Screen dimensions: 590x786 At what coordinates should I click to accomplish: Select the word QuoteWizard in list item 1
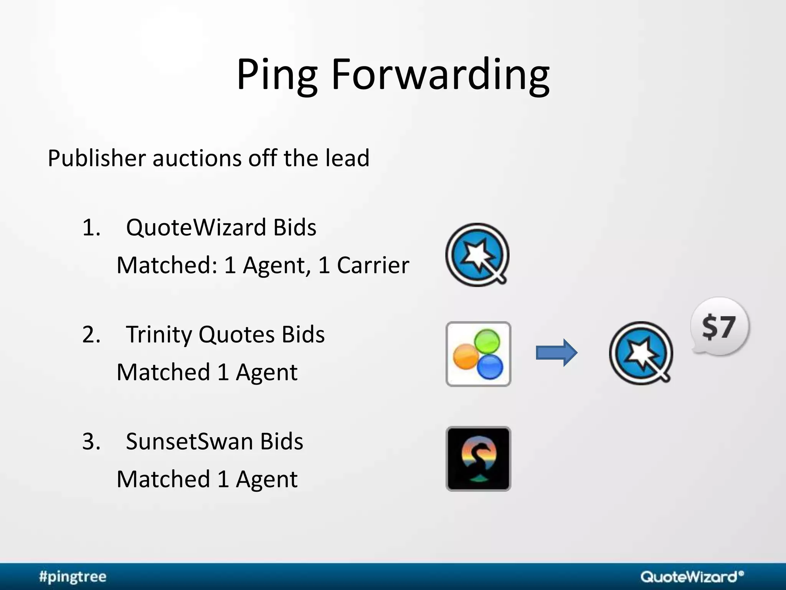pyautogui.click(x=196, y=227)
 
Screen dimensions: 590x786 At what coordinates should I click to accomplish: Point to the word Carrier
pyautogui.click(x=373, y=265)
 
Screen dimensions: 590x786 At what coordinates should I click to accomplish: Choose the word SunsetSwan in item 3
pyautogui.click(x=189, y=441)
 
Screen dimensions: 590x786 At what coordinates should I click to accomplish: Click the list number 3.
pyautogui.click(x=91, y=441)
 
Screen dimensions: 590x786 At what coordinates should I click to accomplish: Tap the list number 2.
pyautogui.click(x=91, y=334)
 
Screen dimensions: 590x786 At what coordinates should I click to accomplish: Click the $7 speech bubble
pyautogui.click(x=719, y=326)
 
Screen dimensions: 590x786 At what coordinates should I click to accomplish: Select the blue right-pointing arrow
pyautogui.click(x=556, y=353)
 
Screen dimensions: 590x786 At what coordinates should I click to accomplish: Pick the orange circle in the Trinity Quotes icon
pyautogui.click(x=466, y=356)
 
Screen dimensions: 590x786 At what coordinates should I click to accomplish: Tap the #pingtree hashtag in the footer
pyautogui.click(x=73, y=577)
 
